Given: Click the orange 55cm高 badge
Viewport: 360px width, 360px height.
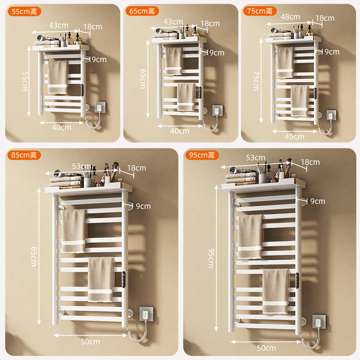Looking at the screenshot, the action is pos(24,12).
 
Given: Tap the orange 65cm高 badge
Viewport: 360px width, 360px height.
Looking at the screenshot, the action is pos(142,11).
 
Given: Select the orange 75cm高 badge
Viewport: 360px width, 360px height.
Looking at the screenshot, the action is pos(260,11).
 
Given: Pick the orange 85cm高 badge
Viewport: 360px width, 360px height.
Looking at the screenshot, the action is pos(24,155).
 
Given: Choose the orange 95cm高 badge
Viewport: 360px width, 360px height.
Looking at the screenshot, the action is pos(202,155).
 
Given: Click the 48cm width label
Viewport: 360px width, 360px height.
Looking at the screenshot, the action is pos(290,17).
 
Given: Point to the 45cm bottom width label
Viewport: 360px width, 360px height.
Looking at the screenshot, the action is pos(294,136).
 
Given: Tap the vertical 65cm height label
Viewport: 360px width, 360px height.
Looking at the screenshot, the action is pos(143,79).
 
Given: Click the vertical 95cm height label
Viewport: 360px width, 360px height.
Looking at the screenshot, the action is pos(211,258).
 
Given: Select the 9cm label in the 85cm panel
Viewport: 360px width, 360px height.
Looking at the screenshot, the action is pos(143,206).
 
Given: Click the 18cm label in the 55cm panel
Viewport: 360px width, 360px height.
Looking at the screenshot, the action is pos(93,27).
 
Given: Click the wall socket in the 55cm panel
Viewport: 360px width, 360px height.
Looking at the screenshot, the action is pos(100,107).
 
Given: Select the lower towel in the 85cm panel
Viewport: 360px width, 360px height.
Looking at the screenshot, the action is pos(101,279).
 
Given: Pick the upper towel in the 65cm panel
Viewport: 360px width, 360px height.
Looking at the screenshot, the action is pos(174,61).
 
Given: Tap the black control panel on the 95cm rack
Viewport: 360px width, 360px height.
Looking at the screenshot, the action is pos(297,280).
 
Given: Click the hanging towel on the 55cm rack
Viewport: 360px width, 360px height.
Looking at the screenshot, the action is pos(58,77).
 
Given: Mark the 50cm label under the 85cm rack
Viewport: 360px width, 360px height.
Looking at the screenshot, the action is pos(90,342).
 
